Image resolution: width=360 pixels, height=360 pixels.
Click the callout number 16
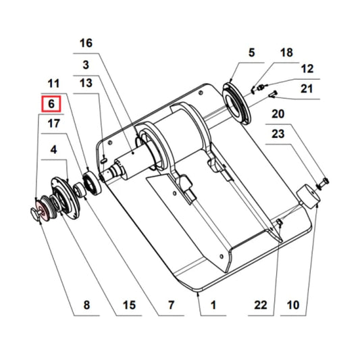[x=85, y=43]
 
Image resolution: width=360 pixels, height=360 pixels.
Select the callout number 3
[x=86, y=65]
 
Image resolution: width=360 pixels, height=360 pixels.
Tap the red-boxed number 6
[x=51, y=105]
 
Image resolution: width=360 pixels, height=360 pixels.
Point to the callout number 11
[x=53, y=83]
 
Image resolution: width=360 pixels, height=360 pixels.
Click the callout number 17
[x=53, y=124]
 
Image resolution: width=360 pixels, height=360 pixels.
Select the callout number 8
[x=86, y=305]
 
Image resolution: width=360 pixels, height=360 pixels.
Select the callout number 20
[x=278, y=113]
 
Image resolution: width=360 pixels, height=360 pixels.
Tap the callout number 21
[x=307, y=88]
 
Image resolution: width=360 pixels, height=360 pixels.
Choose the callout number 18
[x=287, y=52]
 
